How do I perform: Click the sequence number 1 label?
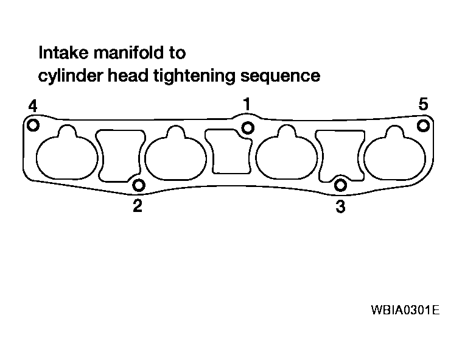pos(247,104)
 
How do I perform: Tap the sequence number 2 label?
pos(138,206)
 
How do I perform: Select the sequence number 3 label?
pos(340,206)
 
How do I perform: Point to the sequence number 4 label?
pos(33,106)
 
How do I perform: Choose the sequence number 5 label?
pos(424,104)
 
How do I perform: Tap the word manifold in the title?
pos(129,53)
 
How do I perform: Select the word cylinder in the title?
pos(71,76)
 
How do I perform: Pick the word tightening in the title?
pos(194,76)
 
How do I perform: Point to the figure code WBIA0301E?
pos(405,310)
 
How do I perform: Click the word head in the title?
pos(128,76)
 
